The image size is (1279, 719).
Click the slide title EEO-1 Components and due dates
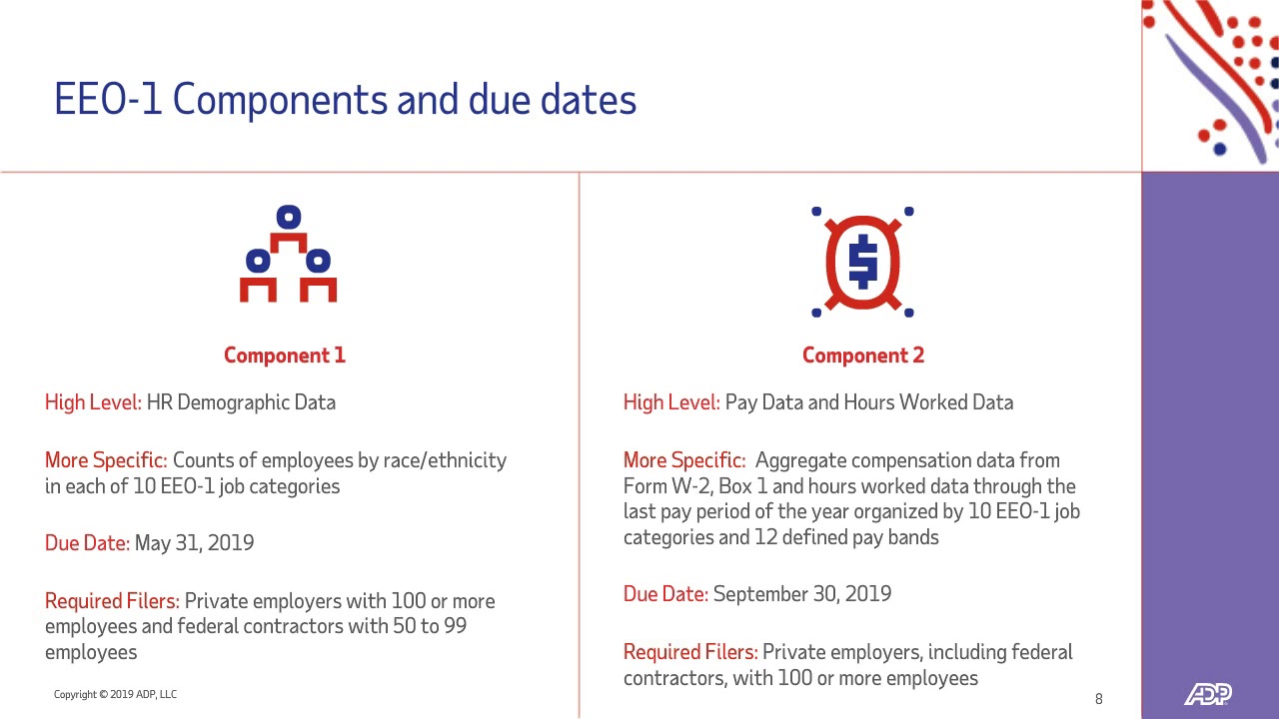345,101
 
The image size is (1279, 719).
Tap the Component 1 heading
285,356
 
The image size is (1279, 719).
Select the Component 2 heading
862,356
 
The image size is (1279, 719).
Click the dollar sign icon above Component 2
862,262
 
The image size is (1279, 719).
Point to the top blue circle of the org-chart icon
289,217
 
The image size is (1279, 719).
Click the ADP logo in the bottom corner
1207,694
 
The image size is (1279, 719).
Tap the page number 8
1099,699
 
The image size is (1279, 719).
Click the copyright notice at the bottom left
115,694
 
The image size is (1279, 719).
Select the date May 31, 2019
194,543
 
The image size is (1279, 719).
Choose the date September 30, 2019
801,594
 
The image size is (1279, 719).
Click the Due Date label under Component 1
87,543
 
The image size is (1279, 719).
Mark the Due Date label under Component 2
665,594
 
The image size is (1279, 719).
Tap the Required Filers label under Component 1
112,601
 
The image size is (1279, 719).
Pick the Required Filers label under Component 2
690,652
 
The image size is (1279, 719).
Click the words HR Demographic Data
241,402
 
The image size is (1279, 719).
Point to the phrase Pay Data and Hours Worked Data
868,402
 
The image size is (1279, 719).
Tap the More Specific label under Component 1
106,460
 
